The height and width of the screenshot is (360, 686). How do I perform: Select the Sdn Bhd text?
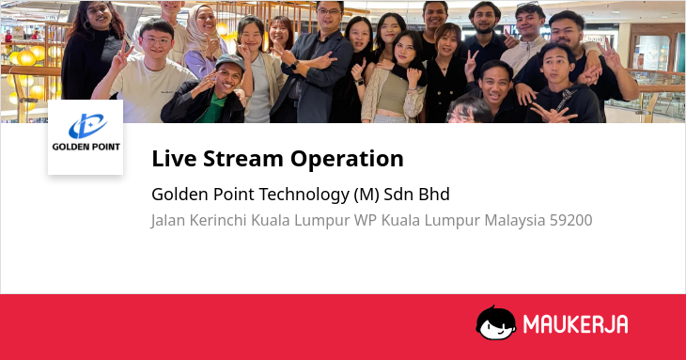tap(416, 195)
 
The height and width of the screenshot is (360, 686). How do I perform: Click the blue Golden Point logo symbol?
tap(87, 126)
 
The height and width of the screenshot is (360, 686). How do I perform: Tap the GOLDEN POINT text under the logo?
tap(86, 147)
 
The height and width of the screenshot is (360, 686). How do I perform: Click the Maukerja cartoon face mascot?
tap(495, 322)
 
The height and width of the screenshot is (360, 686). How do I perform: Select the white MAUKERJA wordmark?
tap(575, 324)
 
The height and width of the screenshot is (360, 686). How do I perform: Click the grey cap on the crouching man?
tap(231, 61)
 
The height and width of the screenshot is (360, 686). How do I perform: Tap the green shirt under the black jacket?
tap(213, 109)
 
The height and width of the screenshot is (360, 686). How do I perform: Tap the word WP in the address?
tap(366, 220)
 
